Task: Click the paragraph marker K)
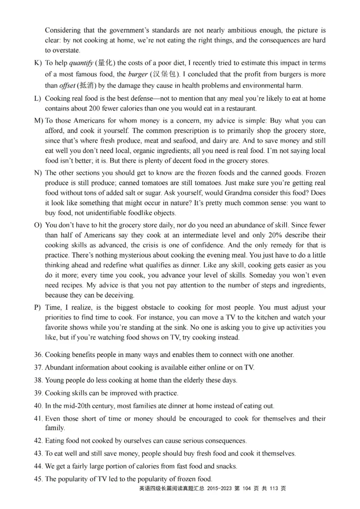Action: point(38,63)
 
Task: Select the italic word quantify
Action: point(82,63)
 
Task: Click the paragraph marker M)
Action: point(38,121)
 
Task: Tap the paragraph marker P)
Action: point(38,308)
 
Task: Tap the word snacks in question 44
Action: point(225,466)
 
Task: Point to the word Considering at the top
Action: point(63,31)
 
